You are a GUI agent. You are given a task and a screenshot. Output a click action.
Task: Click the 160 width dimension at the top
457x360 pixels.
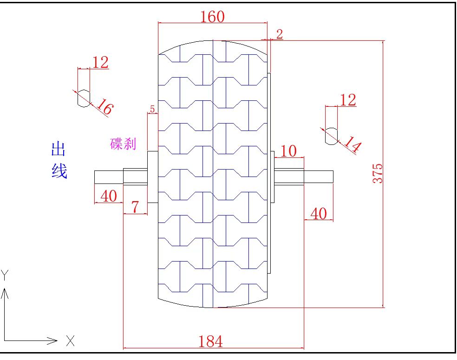212,17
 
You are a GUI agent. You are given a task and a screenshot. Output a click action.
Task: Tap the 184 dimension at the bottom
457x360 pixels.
210,341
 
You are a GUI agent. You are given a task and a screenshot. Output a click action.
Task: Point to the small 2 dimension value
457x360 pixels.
279,33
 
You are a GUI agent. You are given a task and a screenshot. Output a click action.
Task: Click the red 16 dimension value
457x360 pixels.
104,108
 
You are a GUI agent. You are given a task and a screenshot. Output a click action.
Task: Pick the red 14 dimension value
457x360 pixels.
352,146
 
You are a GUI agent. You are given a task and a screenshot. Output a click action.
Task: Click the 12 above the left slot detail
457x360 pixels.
100,62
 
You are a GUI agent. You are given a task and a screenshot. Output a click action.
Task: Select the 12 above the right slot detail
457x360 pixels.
348,100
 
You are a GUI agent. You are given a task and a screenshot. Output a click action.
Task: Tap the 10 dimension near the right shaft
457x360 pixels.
288,151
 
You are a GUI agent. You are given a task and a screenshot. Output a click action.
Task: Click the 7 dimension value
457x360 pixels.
135,207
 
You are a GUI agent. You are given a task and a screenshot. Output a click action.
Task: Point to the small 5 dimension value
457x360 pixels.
152,110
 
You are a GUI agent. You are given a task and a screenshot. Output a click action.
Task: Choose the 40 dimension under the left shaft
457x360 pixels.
109,196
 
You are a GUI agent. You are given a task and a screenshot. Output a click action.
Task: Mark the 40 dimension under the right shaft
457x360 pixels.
318,214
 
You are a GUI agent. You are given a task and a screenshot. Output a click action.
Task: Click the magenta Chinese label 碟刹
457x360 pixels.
123,144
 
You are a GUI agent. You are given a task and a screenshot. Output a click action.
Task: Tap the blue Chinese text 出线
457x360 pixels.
59,161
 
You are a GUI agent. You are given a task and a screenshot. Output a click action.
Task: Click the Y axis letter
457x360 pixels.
5,275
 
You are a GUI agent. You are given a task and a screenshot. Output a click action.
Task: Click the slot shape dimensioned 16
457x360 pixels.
84,98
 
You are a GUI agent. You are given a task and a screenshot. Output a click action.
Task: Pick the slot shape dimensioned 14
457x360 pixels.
331,135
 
